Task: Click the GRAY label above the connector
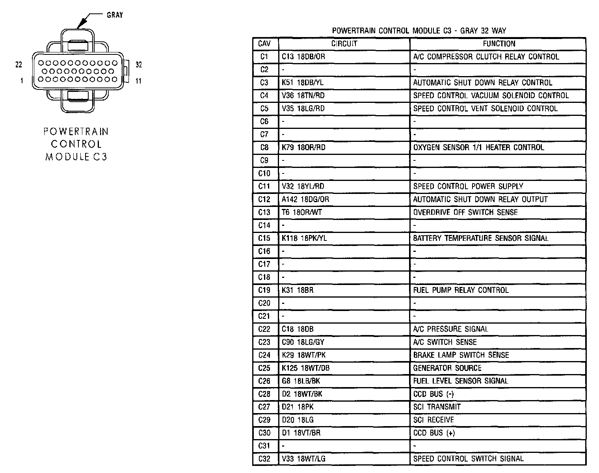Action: [x=115, y=15]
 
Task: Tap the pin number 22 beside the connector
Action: [x=19, y=65]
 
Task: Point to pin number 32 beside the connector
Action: [x=139, y=65]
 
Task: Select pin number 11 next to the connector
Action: [x=138, y=81]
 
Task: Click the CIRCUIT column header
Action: [x=344, y=44]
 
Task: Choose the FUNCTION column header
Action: [x=499, y=44]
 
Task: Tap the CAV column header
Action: [x=264, y=44]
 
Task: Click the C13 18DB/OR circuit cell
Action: [x=303, y=57]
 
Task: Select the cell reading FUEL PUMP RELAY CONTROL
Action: [x=461, y=290]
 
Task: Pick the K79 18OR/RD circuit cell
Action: [x=303, y=147]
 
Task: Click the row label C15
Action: [x=264, y=238]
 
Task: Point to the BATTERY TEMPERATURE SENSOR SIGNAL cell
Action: [x=480, y=238]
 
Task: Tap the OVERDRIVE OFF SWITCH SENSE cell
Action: [x=465, y=212]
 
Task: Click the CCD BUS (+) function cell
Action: [x=434, y=433]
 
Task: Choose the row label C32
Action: [x=264, y=459]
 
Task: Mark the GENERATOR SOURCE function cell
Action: [x=447, y=368]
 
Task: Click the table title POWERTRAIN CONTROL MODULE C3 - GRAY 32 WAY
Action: [x=419, y=31]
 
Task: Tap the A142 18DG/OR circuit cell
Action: [x=305, y=199]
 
